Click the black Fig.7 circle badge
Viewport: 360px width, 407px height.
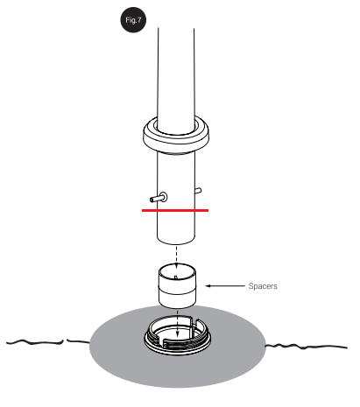point(133,20)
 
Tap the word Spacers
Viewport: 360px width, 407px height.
point(263,286)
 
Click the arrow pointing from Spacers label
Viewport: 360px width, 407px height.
point(225,286)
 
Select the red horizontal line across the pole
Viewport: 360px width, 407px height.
point(175,210)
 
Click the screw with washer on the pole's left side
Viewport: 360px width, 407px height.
point(159,198)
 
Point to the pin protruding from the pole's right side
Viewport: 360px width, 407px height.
point(198,191)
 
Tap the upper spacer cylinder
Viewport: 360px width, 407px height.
point(177,278)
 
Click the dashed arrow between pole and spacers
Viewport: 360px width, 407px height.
point(176,257)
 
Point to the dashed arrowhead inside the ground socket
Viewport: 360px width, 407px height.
point(177,334)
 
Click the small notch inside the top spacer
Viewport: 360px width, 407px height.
point(176,277)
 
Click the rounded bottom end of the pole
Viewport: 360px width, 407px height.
point(176,241)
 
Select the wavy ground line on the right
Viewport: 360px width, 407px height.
point(306,347)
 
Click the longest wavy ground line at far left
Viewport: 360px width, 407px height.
point(35,342)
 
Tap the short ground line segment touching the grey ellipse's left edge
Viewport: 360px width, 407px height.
point(78,340)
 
